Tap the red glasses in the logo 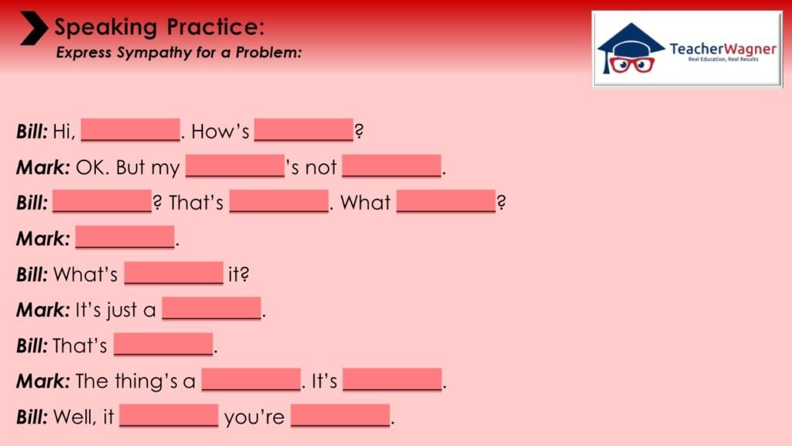[631, 65]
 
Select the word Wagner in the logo [749, 49]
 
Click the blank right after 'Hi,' [130, 130]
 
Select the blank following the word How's [303, 130]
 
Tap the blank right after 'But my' [235, 166]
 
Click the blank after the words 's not [391, 166]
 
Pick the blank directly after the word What [446, 201]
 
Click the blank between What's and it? [174, 273]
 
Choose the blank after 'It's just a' [212, 308]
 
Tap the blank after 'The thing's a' [251, 379]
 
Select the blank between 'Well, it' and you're [169, 416]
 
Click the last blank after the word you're [340, 416]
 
